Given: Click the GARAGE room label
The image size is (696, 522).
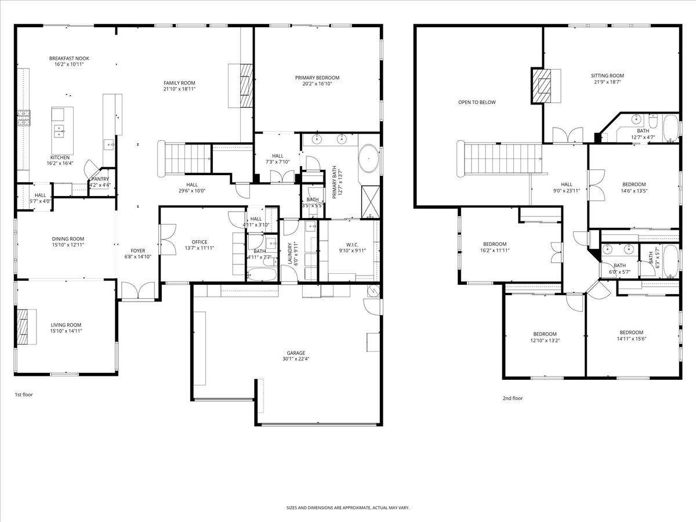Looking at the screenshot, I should pos(295,353).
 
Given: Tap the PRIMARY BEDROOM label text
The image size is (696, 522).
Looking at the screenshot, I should pos(317,78).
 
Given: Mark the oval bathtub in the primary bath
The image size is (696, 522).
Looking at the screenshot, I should pos(368,158).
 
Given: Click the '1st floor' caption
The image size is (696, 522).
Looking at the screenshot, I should pos(24,394).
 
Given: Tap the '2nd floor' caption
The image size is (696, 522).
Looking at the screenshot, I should pos(512,398).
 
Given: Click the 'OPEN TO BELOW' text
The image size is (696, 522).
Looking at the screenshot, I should pos(477,103).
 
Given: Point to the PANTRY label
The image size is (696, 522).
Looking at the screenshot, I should pos(100,179).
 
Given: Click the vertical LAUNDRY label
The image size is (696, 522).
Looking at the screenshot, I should pos(288,254).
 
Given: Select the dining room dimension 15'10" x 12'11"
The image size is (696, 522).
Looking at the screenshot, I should pos(68,245).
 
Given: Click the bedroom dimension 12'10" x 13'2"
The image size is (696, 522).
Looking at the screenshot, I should pos(545,340).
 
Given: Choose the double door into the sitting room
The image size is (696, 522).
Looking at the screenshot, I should pos(564,136).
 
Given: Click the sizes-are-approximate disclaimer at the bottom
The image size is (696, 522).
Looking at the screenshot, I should pos(347,507).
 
